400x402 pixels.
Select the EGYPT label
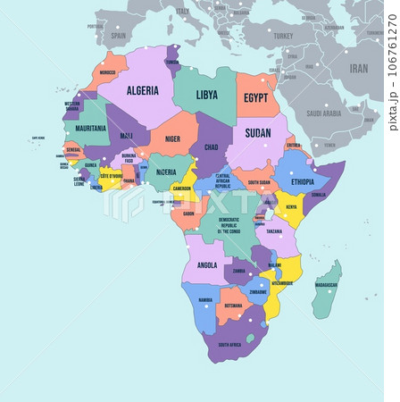pyautogui.click(x=256, y=96)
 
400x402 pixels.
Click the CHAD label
pyautogui.click(x=211, y=147)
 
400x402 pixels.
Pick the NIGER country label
pyautogui.click(x=172, y=138)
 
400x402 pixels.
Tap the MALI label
pyautogui.click(x=128, y=136)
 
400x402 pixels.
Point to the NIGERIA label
pyautogui.click(x=166, y=172)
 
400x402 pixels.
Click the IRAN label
pyautogui.click(x=358, y=68)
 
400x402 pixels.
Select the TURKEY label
pyautogui.click(x=283, y=35)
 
